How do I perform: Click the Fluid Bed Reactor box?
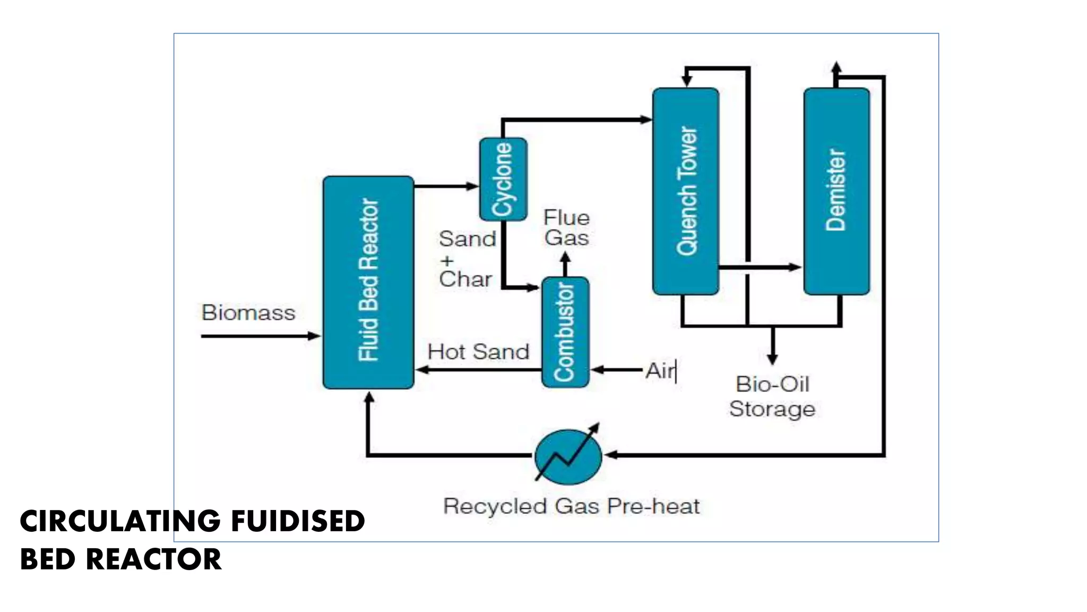368,282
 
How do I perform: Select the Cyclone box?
503,179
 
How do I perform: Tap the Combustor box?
565,332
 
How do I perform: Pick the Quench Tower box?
686,191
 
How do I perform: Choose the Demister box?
836,191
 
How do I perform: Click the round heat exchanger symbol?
568,456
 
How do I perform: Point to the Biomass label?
248,312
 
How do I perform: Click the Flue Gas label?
566,228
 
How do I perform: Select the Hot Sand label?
478,352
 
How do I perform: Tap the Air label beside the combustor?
660,370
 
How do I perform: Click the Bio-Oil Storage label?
772,397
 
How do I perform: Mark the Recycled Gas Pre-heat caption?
571,506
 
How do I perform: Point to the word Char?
465,279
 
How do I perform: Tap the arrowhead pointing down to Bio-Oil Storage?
773,359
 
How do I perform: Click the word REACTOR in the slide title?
153,559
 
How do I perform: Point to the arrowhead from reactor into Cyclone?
472,186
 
